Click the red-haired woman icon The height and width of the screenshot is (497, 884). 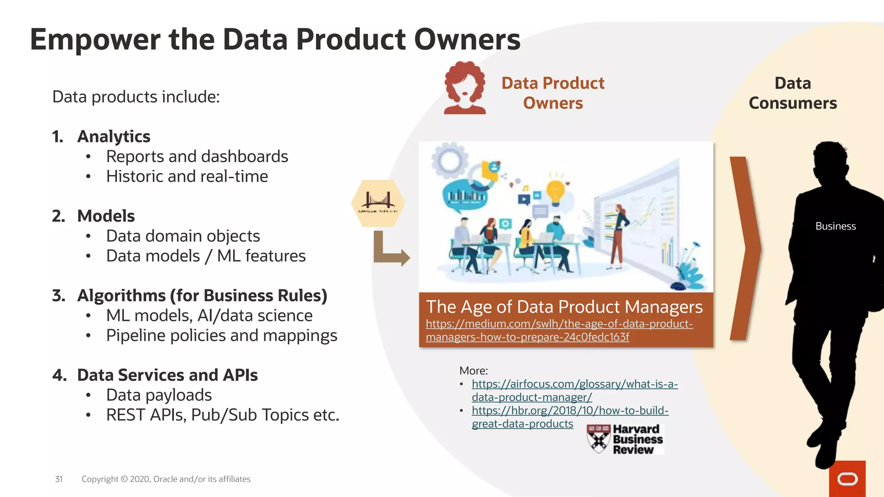465,88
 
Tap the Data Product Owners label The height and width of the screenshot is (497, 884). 552,93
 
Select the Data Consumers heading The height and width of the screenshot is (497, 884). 792,93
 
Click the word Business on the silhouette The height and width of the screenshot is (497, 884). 835,226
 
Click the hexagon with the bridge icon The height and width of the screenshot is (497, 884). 378,203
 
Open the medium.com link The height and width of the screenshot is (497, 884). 559,330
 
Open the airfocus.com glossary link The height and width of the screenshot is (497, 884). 574,390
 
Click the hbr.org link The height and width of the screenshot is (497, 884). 570,417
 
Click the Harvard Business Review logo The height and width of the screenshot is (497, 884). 625,439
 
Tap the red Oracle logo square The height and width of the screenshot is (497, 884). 847,478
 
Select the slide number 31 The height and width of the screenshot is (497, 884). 59,479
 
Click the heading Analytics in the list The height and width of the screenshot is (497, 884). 114,136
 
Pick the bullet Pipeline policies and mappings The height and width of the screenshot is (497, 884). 221,336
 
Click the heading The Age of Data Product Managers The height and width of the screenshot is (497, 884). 564,307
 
